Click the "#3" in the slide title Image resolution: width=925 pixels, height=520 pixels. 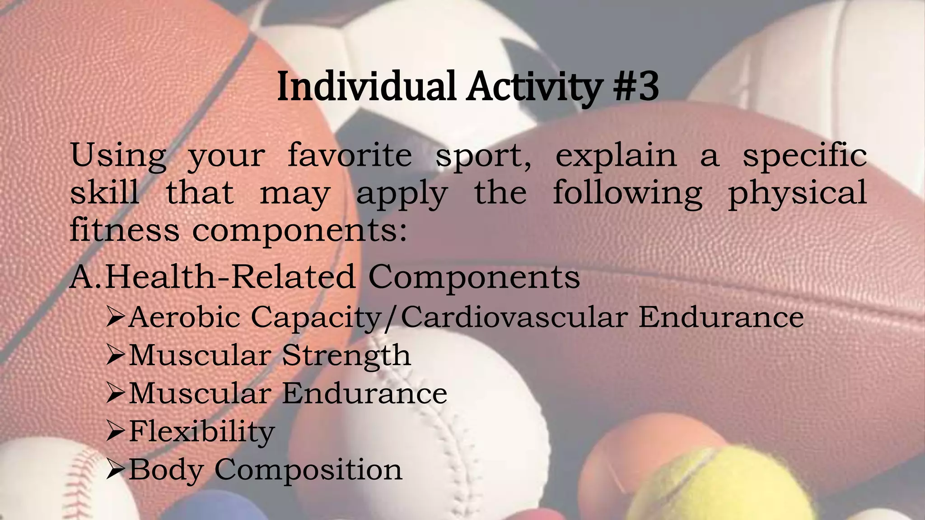pos(636,87)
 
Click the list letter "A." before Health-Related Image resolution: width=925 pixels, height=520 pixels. pos(86,277)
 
